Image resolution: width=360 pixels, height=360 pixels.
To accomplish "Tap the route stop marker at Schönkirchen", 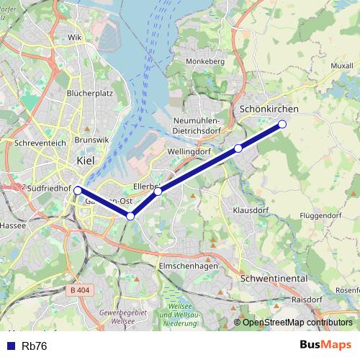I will tap(282, 125).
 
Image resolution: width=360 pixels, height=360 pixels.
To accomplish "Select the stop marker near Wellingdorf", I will tap(238, 149).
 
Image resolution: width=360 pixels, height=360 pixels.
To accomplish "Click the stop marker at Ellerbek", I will tap(158, 192).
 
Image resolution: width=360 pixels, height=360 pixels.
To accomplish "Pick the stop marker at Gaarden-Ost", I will tap(130, 216).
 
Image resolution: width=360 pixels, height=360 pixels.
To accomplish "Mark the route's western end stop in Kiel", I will tap(78, 191).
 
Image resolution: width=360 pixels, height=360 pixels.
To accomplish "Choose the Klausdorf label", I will tap(251, 210).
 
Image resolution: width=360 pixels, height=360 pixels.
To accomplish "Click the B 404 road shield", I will tap(81, 289).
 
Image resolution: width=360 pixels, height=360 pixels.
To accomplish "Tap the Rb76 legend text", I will tap(35, 346).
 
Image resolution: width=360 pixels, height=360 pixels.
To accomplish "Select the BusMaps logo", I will tap(326, 345).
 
